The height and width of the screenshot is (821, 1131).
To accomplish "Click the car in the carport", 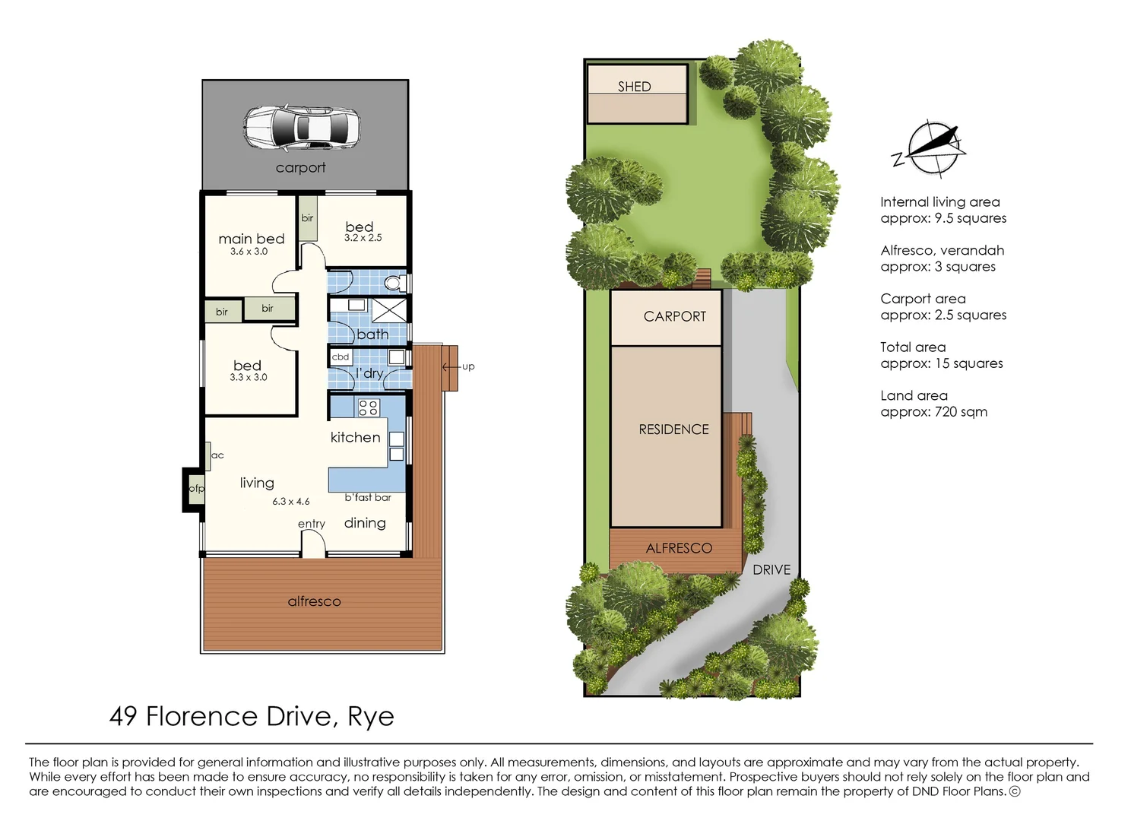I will pyautogui.click(x=301, y=127).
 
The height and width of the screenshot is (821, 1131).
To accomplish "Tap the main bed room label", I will pyautogui.click(x=251, y=239).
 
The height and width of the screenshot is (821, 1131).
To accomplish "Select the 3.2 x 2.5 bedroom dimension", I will pyautogui.click(x=363, y=238).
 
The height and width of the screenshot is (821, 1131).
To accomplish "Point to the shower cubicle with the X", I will pyautogui.click(x=389, y=309).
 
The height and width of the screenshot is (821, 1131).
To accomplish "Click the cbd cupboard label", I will pyautogui.click(x=341, y=357).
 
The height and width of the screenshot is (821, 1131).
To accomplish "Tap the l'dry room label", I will pyautogui.click(x=369, y=373).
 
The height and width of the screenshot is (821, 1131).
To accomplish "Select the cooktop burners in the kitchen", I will pyautogui.click(x=369, y=407).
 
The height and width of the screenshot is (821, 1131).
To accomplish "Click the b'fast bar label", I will pyautogui.click(x=368, y=497).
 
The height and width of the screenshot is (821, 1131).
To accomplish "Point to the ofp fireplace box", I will pyautogui.click(x=195, y=489).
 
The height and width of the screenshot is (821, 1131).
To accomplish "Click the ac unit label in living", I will pyautogui.click(x=217, y=455).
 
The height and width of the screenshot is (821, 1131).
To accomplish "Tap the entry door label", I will pyautogui.click(x=311, y=524).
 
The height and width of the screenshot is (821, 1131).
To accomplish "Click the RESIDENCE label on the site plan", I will pyautogui.click(x=673, y=430).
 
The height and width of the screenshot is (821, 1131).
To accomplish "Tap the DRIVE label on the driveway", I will pyautogui.click(x=771, y=569).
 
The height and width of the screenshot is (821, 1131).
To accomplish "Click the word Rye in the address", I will pyautogui.click(x=371, y=716).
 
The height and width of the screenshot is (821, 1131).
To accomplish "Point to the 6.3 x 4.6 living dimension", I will pyautogui.click(x=291, y=502).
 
